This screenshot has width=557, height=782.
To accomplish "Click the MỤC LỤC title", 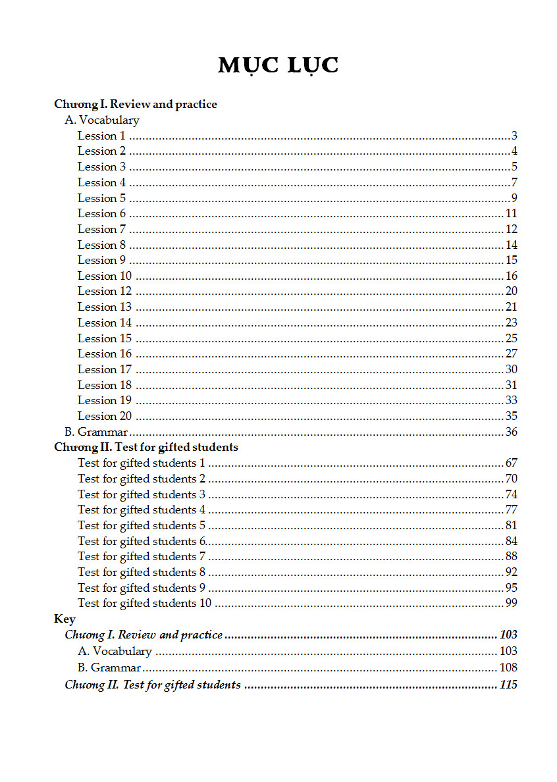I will tap(278, 66).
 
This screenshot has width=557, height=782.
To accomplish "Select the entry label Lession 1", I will tap(101, 136).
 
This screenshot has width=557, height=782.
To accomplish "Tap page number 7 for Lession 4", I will tap(514, 182).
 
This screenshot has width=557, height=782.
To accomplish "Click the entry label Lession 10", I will tap(105, 276).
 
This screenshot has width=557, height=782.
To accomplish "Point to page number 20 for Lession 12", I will tap(511, 291).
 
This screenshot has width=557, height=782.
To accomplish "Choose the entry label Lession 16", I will tap(105, 353).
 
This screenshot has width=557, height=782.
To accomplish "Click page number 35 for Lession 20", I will tap(511, 416).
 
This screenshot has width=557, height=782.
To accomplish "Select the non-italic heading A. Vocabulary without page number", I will tap(102, 120).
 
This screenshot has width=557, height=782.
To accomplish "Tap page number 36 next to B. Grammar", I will tap(511, 432).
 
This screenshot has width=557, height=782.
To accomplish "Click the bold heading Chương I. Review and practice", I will tap(136, 104).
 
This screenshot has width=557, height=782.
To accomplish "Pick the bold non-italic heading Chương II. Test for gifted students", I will tap(146, 447).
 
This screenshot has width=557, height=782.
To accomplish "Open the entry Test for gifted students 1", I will tap(142, 463).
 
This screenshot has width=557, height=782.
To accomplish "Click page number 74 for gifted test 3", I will tap(511, 494).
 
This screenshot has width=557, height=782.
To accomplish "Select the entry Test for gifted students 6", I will tap(142, 541).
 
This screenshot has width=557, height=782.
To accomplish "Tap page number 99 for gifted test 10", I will tap(511, 603).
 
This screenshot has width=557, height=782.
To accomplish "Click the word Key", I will tap(65, 619).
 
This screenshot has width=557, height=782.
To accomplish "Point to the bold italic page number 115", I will tap(508, 685).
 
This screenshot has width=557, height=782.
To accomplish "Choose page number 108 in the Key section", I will tap(508, 667).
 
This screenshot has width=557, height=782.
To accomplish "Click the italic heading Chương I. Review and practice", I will tap(144, 635).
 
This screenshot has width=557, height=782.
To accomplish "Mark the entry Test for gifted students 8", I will tap(142, 572).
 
